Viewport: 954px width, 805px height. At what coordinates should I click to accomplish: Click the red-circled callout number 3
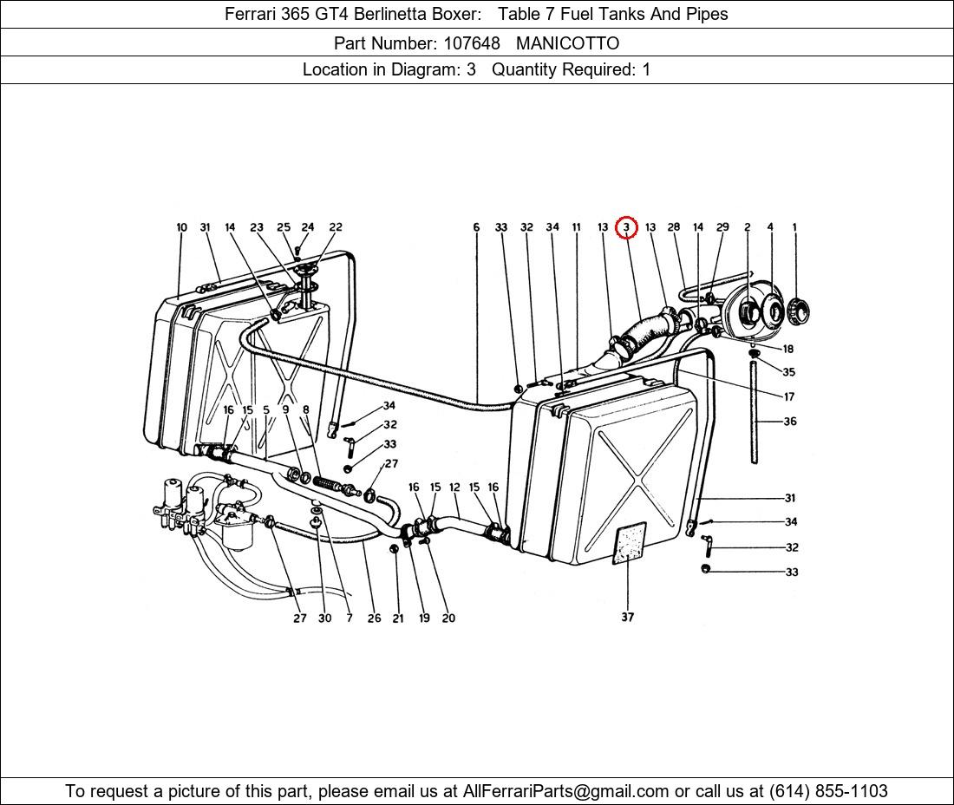(626, 227)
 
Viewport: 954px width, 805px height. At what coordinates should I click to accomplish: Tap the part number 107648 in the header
(472, 43)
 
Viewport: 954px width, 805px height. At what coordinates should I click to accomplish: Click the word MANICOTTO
(568, 43)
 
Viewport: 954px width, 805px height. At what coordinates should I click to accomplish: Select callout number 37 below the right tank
(627, 617)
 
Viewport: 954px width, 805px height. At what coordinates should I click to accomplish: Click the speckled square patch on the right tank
(629, 543)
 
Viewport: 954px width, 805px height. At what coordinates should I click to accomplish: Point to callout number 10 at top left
(181, 227)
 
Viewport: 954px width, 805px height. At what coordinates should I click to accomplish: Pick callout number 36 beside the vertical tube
(790, 421)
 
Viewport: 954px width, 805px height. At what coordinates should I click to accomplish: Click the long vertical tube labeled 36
(754, 412)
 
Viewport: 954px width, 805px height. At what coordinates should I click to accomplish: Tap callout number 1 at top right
(794, 227)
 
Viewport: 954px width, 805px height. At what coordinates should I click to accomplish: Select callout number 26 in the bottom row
(374, 618)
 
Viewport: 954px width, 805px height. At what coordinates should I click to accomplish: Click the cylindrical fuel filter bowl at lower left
(237, 535)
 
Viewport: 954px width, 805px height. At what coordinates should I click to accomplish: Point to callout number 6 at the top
(476, 227)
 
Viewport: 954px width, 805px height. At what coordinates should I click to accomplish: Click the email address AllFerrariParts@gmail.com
(565, 791)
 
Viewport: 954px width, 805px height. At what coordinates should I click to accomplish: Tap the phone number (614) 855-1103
(828, 791)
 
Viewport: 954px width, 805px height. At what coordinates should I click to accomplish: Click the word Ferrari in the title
(250, 14)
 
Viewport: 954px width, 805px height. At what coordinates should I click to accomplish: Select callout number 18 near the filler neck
(787, 349)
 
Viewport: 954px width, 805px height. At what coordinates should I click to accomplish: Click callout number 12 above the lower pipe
(454, 488)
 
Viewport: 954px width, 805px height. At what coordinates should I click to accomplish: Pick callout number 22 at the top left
(336, 227)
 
